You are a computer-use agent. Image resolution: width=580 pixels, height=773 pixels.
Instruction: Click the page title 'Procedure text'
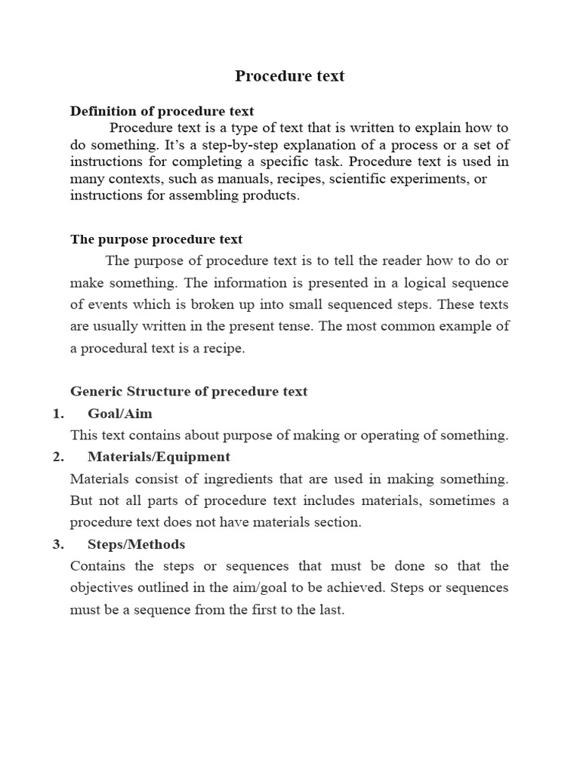coord(289,75)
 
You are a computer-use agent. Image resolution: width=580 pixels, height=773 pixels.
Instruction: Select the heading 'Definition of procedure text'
coord(162,111)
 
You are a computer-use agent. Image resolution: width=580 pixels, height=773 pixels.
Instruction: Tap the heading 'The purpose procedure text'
coord(156,239)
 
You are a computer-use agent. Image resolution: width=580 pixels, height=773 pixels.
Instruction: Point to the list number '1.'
coord(58,413)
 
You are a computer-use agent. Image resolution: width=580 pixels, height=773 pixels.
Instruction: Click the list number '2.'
coord(58,457)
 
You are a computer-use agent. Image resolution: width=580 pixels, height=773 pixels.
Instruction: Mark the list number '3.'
coord(58,544)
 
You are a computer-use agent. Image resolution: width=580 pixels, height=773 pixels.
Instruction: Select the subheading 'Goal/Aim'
coord(120,413)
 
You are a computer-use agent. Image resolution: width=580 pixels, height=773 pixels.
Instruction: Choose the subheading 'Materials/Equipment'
coord(159,457)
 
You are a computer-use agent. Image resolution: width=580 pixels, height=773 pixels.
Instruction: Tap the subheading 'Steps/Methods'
coord(136,544)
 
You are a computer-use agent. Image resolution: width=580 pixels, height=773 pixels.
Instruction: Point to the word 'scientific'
coord(350,178)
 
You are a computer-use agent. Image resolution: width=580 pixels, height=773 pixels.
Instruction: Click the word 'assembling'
coord(211,196)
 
